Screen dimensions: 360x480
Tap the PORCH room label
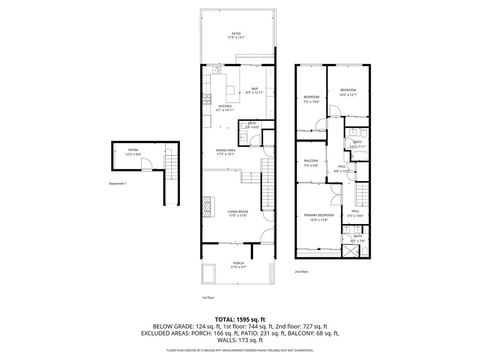click(x=238, y=263)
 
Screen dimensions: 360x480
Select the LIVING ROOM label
click(x=238, y=212)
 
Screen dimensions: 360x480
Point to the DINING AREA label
click(x=225, y=150)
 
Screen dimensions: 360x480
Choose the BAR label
click(x=255, y=89)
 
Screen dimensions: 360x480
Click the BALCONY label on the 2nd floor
click(x=311, y=160)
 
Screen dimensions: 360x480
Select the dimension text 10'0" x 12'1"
click(x=348, y=95)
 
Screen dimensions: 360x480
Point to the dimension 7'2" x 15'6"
click(x=311, y=102)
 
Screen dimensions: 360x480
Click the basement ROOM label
click(x=133, y=150)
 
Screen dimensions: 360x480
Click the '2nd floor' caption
click(x=301, y=271)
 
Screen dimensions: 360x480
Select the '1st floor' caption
click(x=208, y=297)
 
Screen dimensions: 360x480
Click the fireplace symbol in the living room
click(x=207, y=206)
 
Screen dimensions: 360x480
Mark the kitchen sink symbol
click(x=217, y=70)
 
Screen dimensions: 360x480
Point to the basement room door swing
click(x=146, y=164)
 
